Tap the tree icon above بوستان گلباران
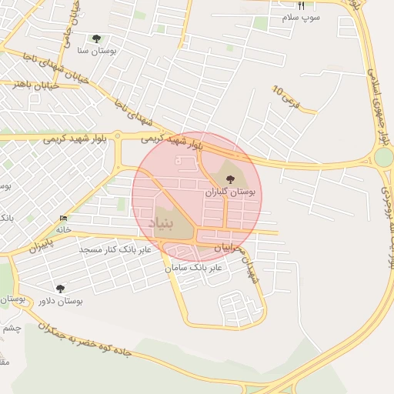(x=229, y=179)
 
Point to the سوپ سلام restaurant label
(x=301, y=17)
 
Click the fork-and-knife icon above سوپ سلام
(x=301, y=6)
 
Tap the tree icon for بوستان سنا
(x=96, y=38)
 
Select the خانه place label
(x=63, y=229)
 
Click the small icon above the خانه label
(x=63, y=219)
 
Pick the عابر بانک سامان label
(x=193, y=268)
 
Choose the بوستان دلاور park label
(x=61, y=300)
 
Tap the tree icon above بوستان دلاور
(x=61, y=289)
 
